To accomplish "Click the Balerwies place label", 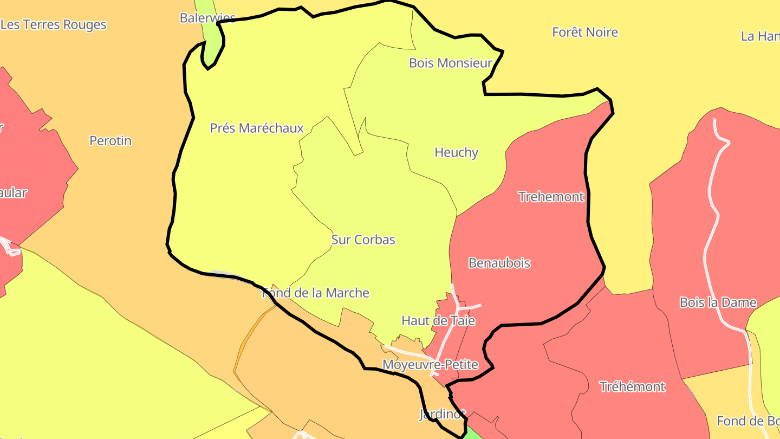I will click(x=208, y=18).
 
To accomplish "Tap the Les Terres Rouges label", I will click(x=54, y=24).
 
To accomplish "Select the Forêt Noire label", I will click(x=585, y=32).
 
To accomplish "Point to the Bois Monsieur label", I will click(x=450, y=63).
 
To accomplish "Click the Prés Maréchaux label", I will click(x=257, y=128).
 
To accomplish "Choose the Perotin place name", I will click(x=110, y=140).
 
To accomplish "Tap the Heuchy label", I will click(x=456, y=152).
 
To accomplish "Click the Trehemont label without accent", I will click(x=551, y=197).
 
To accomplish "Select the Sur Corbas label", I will click(x=363, y=240).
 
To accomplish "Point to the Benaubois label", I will click(x=499, y=263).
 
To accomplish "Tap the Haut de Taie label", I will click(x=438, y=320).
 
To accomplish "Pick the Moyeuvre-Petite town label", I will click(x=430, y=364).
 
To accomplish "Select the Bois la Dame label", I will click(x=718, y=302).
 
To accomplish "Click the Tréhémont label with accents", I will click(x=632, y=386).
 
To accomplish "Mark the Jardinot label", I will click(x=442, y=415).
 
